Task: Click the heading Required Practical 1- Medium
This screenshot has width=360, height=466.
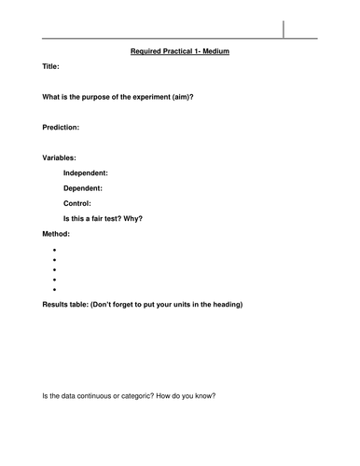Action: coord(180,51)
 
